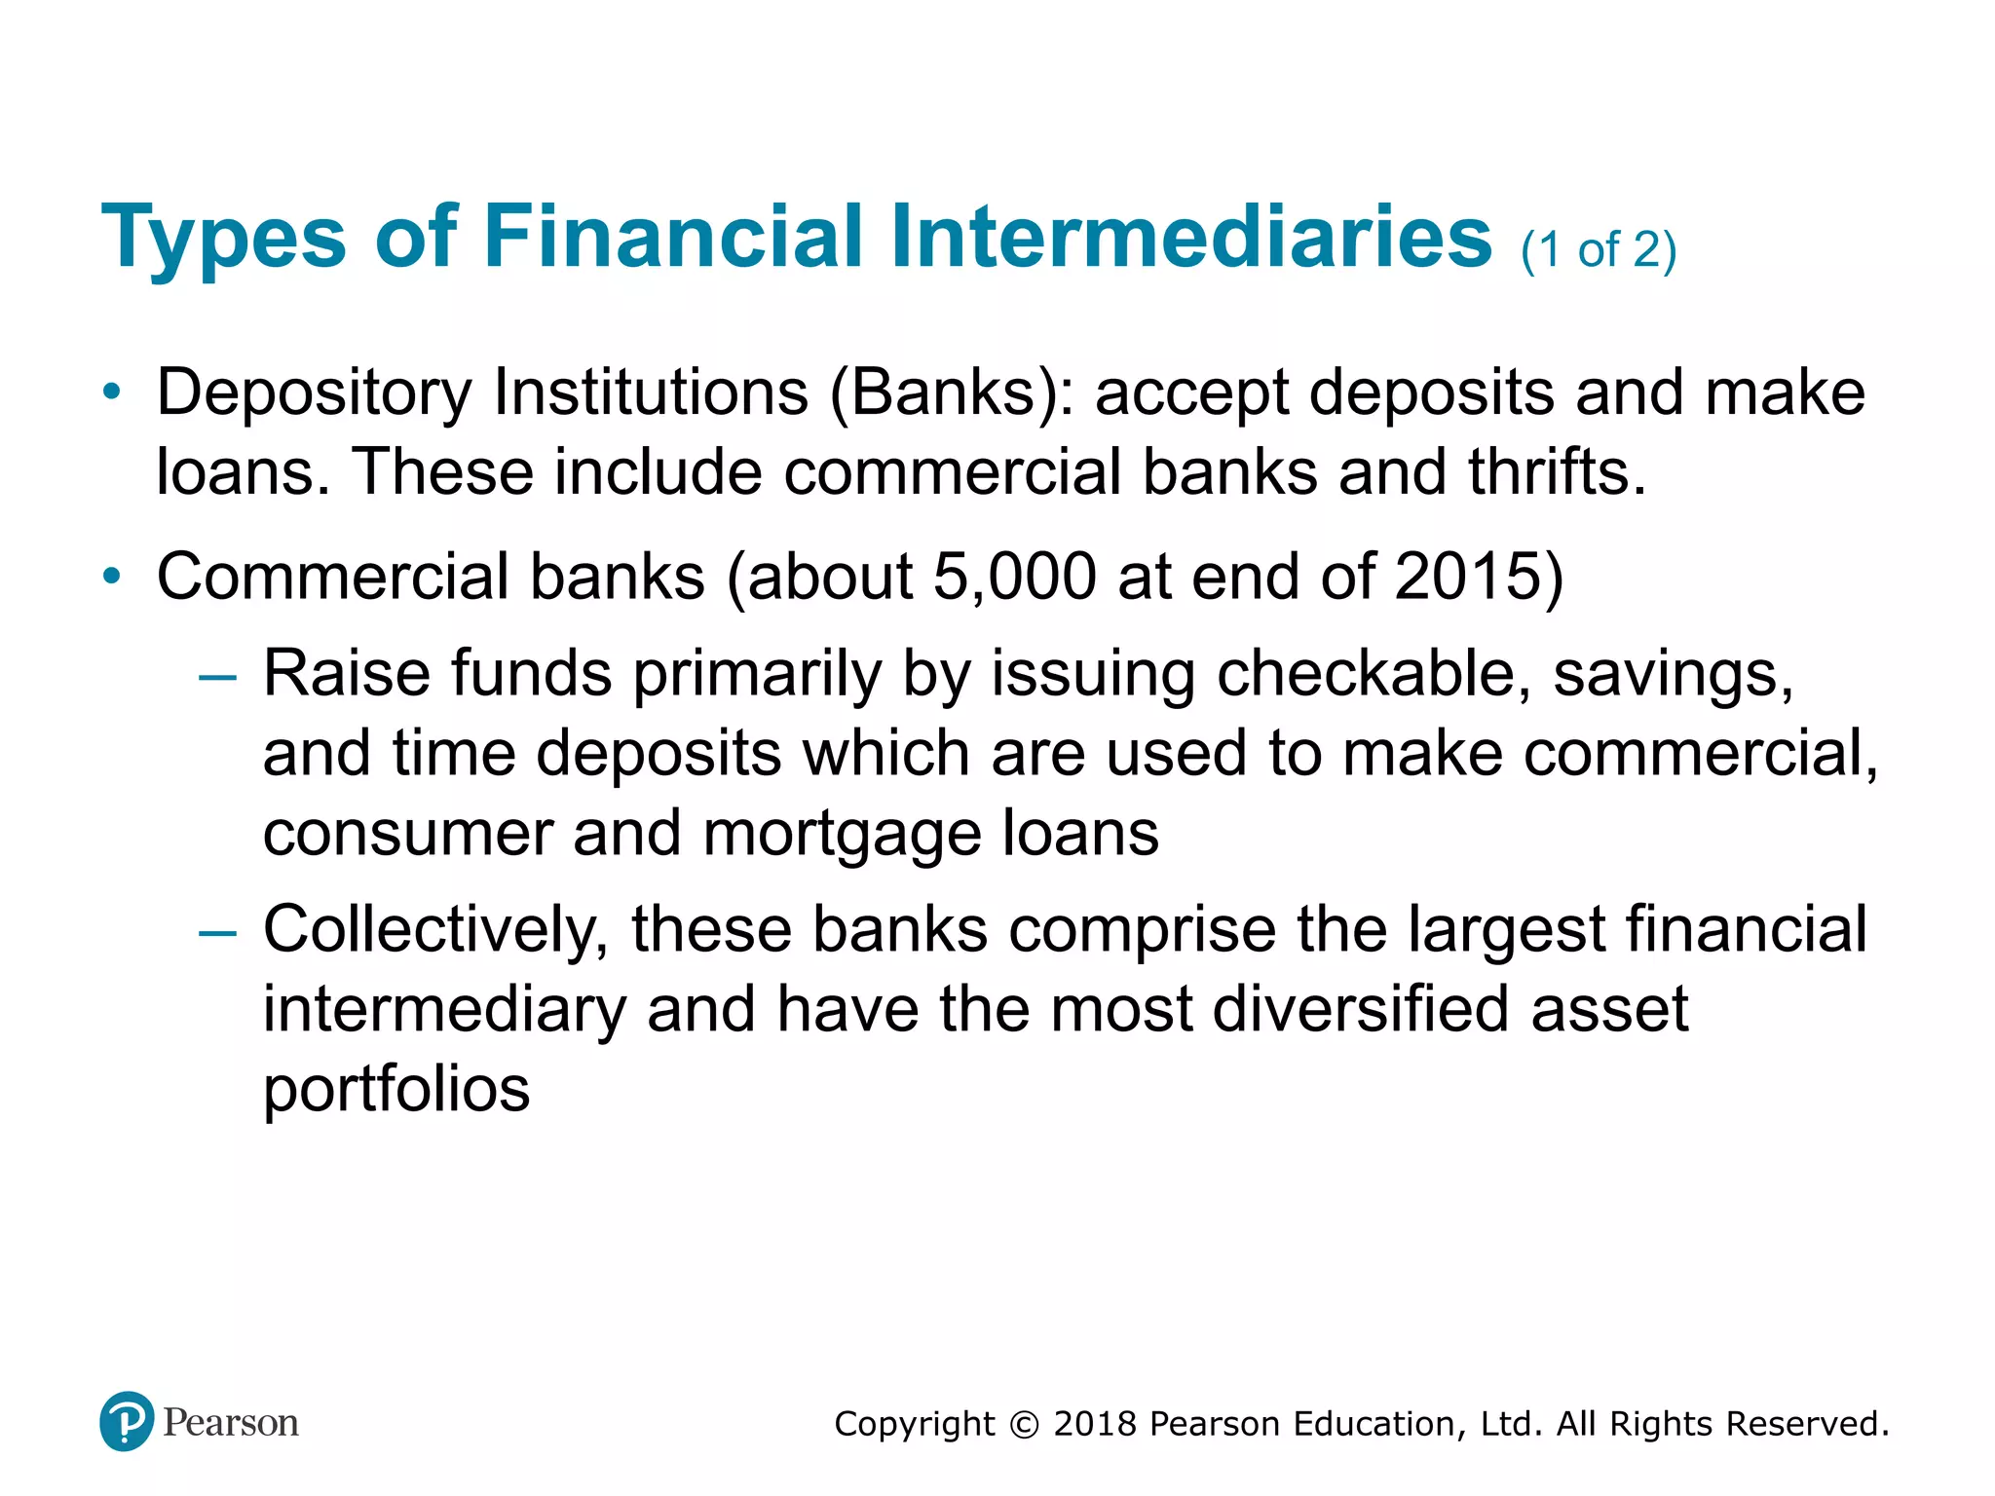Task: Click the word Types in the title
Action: tap(223, 237)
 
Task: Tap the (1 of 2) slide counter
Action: tap(1599, 250)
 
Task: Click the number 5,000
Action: tap(1014, 577)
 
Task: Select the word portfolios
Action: tap(396, 1089)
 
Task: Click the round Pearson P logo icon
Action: tap(127, 1421)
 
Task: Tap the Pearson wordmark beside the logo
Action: tap(231, 1423)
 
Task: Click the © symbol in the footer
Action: tap(1024, 1425)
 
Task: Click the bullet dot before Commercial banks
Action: tap(112, 577)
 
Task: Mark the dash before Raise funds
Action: tap(216, 676)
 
